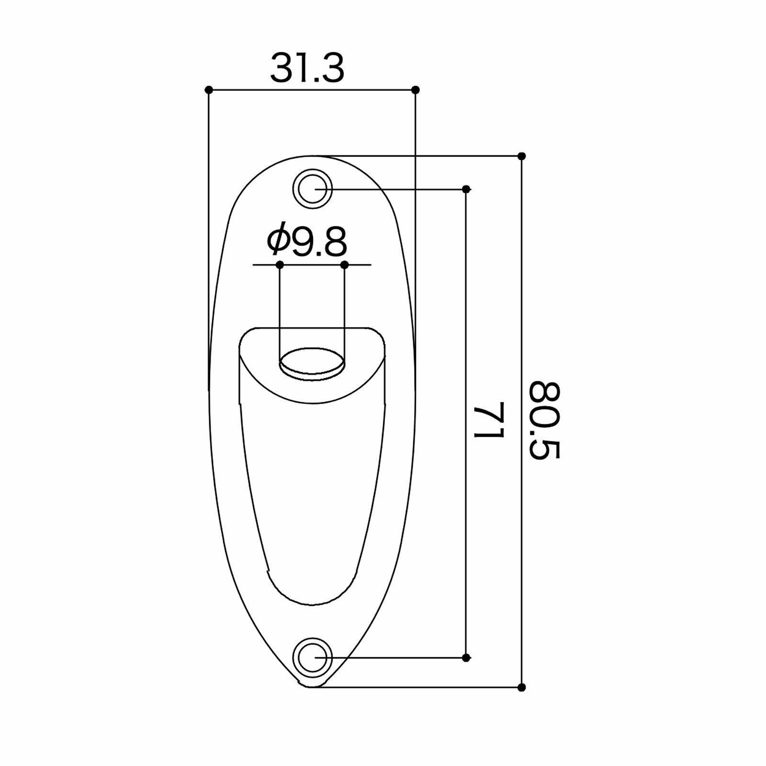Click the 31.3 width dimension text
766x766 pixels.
coord(307,68)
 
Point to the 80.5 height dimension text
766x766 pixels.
coord(545,420)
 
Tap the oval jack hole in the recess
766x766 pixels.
coord(312,362)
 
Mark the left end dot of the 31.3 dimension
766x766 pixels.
coord(208,90)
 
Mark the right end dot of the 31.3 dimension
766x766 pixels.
coord(416,90)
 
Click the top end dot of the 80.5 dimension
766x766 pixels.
coord(522,156)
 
